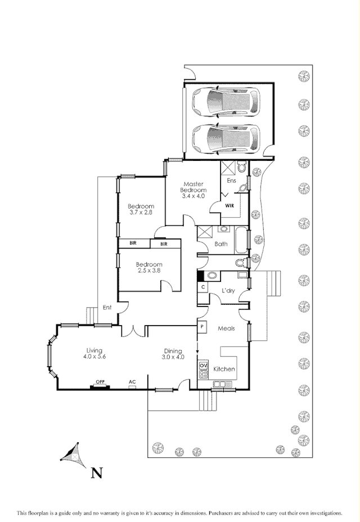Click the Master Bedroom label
[x=193, y=187]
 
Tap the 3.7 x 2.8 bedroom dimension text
[x=141, y=213]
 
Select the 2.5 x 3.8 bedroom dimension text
[x=149, y=271]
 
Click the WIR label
[x=229, y=206]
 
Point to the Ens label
[x=231, y=181]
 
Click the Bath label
[x=221, y=244]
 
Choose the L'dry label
[x=228, y=290]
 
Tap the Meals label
[x=226, y=328]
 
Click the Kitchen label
[x=224, y=370]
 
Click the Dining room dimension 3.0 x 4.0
[x=173, y=357]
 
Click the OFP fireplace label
[x=100, y=382]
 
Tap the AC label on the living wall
[x=132, y=382]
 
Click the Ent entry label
[x=106, y=307]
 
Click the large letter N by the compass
[x=97, y=472]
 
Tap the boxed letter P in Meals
[x=202, y=326]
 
